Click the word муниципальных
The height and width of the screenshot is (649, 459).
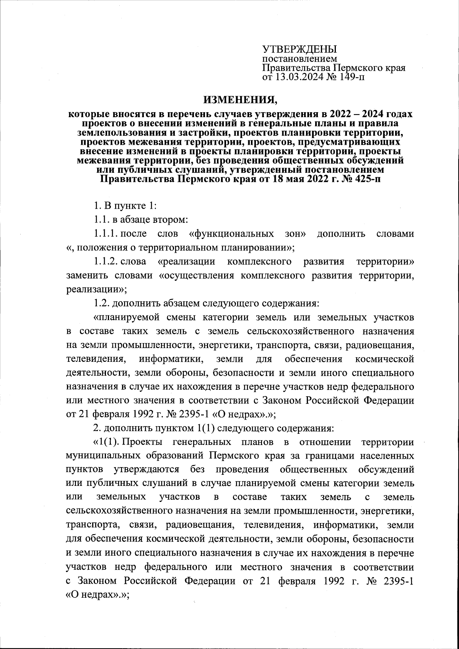[99, 456]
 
